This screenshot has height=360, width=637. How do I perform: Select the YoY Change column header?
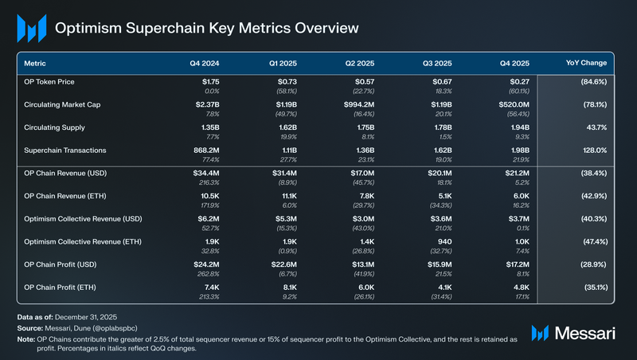click(x=585, y=62)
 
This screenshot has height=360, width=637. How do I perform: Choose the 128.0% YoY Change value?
click(x=593, y=150)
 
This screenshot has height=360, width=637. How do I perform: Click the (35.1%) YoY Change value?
click(x=592, y=286)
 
